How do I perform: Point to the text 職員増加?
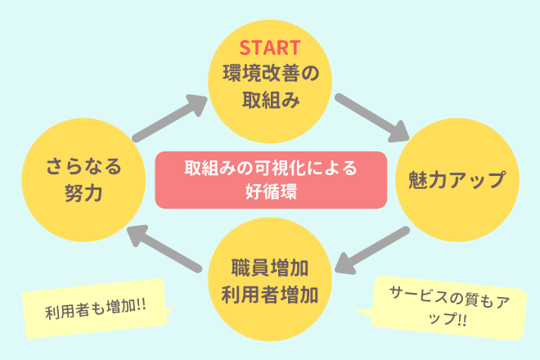(270, 267)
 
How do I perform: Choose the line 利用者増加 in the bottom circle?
(270, 293)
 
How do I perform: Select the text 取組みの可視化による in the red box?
(270, 169)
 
